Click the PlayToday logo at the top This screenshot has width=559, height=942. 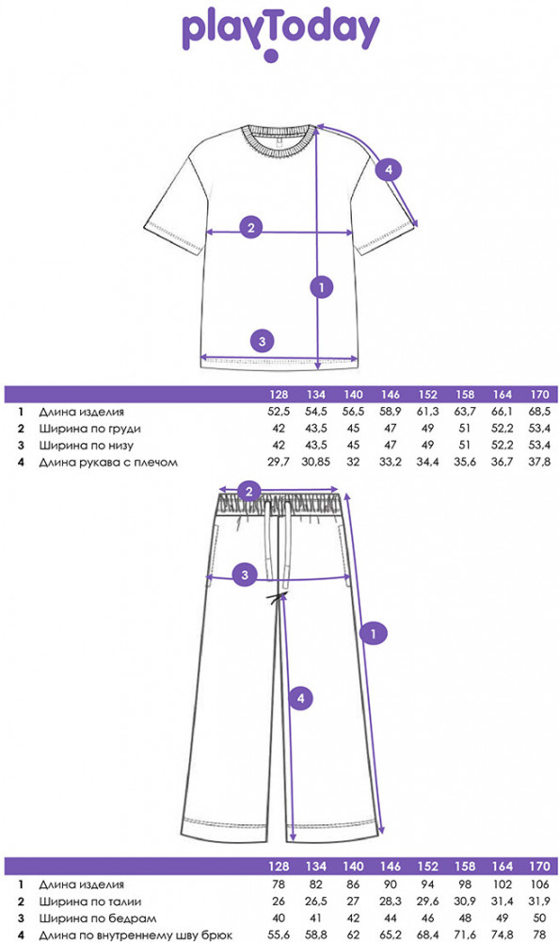pyautogui.click(x=280, y=35)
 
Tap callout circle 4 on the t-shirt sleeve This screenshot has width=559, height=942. pyautogui.click(x=388, y=170)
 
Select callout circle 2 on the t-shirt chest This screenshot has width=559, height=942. pyautogui.click(x=251, y=227)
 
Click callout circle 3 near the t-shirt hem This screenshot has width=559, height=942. pyautogui.click(x=262, y=341)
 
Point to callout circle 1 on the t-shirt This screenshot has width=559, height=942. pyautogui.click(x=321, y=287)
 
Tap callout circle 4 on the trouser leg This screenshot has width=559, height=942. pyautogui.click(x=300, y=698)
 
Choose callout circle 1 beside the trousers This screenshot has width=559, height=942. pyautogui.click(x=374, y=633)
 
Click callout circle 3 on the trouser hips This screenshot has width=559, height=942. pyautogui.click(x=245, y=575)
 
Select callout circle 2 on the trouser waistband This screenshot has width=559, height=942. pyautogui.click(x=249, y=492)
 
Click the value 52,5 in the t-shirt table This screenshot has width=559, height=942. pyautogui.click(x=279, y=413)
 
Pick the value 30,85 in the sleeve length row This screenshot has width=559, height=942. pyautogui.click(x=316, y=463)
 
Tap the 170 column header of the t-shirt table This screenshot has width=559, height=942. pyautogui.click(x=540, y=395)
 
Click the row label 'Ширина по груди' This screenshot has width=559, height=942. pyautogui.click(x=90, y=429)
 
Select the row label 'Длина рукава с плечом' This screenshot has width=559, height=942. pyautogui.click(x=108, y=463)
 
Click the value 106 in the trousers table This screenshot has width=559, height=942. pyautogui.click(x=540, y=885)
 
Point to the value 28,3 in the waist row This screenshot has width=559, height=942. pyautogui.click(x=391, y=901)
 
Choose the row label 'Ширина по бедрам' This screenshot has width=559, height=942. pyautogui.click(x=98, y=918)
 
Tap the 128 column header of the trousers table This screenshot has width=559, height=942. pyautogui.click(x=279, y=867)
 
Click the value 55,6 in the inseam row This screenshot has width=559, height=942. pyautogui.click(x=279, y=935)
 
